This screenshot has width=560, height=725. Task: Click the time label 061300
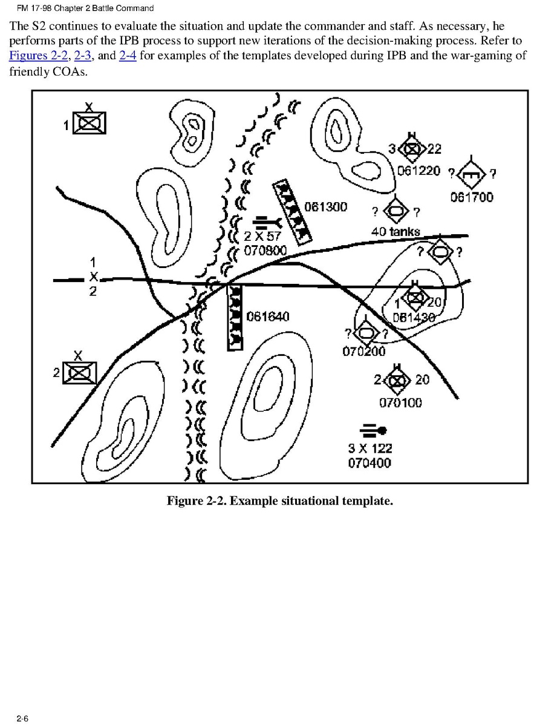point(325,207)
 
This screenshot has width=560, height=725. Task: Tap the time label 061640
point(268,317)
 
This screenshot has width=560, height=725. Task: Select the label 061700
point(472,197)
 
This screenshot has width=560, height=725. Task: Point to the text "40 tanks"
point(396,232)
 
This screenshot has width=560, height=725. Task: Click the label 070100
point(400,402)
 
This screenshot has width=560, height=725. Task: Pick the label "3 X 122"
point(370,448)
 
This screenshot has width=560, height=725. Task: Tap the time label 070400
point(370,463)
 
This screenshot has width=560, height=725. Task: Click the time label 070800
point(265,250)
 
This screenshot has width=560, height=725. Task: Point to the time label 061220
point(419,170)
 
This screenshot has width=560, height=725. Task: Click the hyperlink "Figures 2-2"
point(37,56)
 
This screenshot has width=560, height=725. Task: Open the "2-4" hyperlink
point(128,56)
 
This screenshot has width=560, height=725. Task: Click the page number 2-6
point(23,718)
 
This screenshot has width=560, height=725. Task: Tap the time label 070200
point(364,351)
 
